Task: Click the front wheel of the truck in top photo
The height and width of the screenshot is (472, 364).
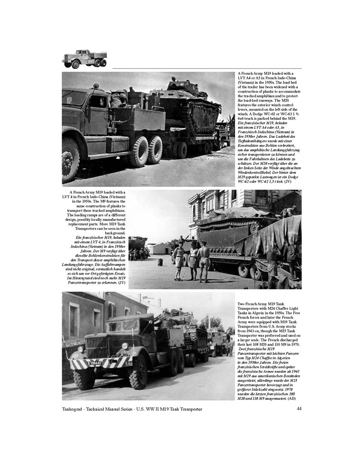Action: point(71,160)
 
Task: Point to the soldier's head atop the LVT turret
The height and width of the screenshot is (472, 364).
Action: point(174,78)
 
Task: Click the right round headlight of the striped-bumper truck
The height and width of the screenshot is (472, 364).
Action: point(125,346)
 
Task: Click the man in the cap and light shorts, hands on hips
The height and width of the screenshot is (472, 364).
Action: point(180,257)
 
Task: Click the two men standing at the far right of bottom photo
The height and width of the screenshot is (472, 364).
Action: point(229,346)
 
